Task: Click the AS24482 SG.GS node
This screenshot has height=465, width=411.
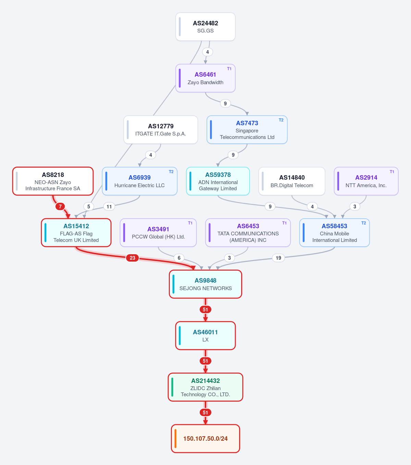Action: point(206,27)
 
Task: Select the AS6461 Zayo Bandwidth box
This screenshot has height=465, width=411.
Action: point(206,78)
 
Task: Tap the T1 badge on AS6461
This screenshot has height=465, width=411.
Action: point(229,69)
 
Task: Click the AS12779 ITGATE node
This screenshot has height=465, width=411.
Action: point(161,130)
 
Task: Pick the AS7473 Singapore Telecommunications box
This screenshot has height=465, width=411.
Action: point(247,130)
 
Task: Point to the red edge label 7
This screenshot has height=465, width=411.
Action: point(60,206)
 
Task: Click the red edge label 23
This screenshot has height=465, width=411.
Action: point(132,258)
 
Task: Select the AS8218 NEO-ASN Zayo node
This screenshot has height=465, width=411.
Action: point(53,181)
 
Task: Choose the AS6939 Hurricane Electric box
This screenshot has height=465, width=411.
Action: point(140,181)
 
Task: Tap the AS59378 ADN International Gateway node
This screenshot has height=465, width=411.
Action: point(218,181)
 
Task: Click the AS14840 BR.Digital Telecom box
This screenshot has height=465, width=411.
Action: point(292,181)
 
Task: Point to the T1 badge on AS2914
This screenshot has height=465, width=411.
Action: point(392,172)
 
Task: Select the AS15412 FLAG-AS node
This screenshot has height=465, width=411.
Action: point(76,233)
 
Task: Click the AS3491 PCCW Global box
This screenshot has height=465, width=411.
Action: point(158,233)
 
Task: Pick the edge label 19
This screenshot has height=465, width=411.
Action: point(278,258)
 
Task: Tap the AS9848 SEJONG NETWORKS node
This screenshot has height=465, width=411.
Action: point(206,284)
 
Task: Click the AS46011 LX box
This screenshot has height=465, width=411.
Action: point(206,336)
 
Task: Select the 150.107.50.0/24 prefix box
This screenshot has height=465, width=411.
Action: point(206,439)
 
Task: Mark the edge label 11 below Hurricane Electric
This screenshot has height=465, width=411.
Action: point(109,206)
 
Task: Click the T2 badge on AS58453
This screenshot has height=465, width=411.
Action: point(363,223)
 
